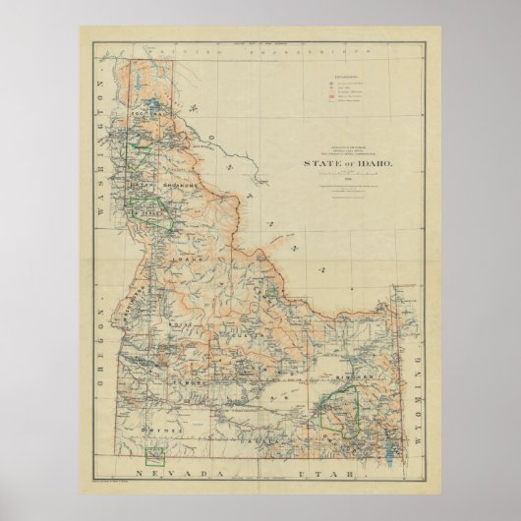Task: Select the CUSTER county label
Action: tap(261, 336)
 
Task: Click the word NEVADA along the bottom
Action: tap(193, 473)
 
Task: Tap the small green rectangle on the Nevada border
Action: tap(154, 455)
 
